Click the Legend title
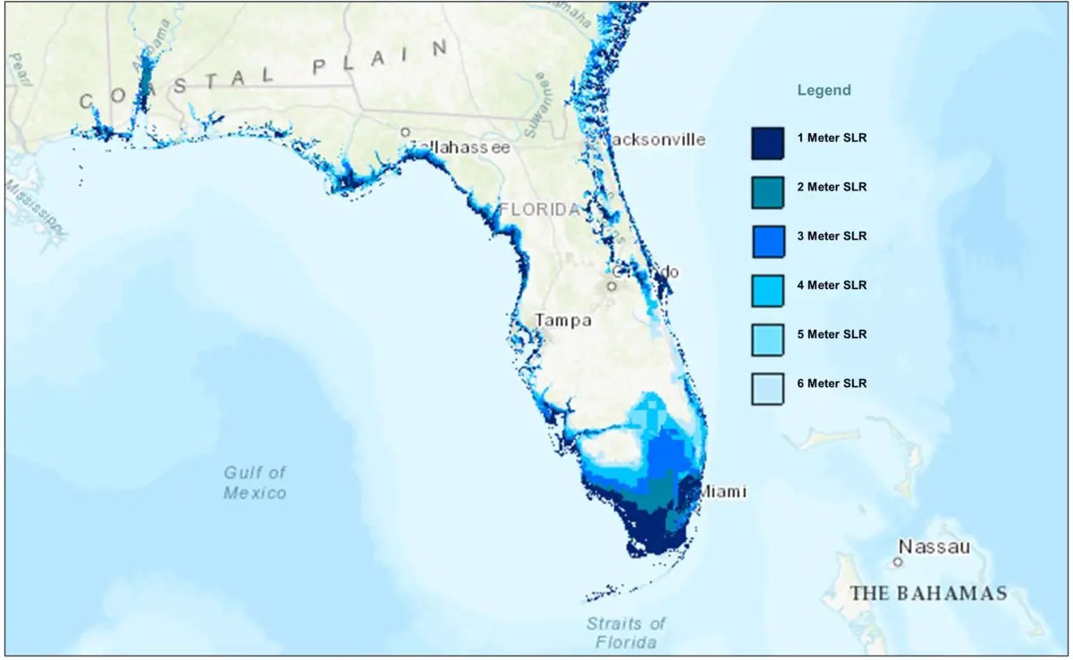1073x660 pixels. pos(824,90)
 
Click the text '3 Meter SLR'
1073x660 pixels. pos(832,236)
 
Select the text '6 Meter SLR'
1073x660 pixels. pos(832,383)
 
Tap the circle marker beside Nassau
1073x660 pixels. pos(897,562)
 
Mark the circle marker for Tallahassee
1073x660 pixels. pos(405,132)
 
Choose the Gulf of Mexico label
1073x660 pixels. pos(255,482)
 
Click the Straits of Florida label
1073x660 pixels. pos(626,632)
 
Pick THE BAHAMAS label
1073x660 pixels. pos(928,593)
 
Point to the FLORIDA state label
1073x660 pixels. pos(540,210)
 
